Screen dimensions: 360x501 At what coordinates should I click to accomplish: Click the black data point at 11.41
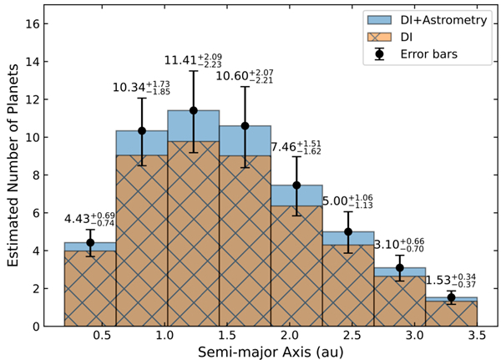tap(193, 110)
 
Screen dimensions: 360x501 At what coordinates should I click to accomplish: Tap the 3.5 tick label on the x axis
tap(478, 336)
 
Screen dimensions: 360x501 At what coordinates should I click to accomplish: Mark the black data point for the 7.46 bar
tap(296, 185)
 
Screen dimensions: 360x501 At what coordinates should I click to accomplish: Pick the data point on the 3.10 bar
tap(400, 267)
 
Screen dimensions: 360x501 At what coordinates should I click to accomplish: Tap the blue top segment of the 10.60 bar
tap(245, 140)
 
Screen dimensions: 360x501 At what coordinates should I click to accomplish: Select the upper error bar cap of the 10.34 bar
tap(141, 98)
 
